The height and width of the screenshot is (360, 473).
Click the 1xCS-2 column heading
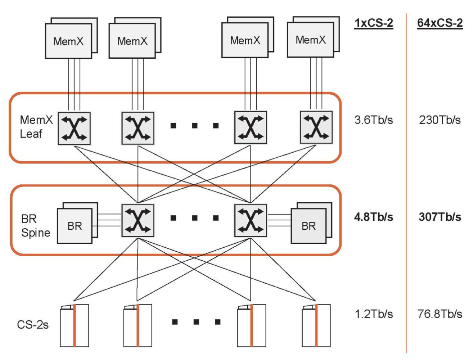click(x=373, y=23)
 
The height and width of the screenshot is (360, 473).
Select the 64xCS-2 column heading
click(x=440, y=23)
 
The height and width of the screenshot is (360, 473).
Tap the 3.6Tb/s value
click(x=373, y=120)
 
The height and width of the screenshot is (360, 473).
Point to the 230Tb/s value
click(x=440, y=120)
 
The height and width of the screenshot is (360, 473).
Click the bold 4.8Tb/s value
click(x=373, y=217)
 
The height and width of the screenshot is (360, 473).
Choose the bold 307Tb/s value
click(x=440, y=217)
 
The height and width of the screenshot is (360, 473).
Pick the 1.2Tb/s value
click(x=373, y=314)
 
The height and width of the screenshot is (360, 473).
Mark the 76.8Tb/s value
click(x=440, y=314)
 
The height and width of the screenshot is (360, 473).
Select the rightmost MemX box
click(x=310, y=40)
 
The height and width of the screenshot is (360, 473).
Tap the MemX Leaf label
click(x=36, y=127)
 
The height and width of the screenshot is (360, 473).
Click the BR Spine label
click(x=35, y=226)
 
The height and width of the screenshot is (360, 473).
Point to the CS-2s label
click(x=33, y=325)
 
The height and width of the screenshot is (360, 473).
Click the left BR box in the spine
click(x=75, y=226)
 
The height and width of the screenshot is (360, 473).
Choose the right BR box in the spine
click(x=308, y=226)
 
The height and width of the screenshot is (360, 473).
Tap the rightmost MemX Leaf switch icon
click(x=316, y=127)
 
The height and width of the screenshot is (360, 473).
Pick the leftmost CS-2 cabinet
click(x=75, y=325)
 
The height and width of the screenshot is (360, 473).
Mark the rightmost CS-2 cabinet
click(x=316, y=325)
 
